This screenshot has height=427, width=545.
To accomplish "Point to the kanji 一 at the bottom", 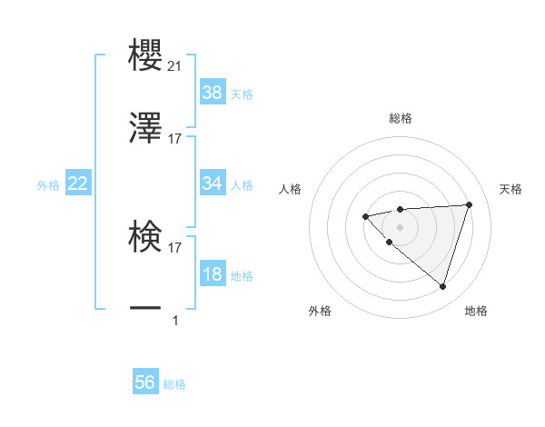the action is (x=145, y=310).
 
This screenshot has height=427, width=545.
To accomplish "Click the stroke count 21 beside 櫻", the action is (x=174, y=66).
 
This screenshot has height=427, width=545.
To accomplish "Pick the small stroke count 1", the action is (x=175, y=320).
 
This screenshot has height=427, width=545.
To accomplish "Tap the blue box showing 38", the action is (x=213, y=92).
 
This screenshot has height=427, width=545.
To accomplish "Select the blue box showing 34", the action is (x=213, y=184).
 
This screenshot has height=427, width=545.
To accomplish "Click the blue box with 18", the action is (x=213, y=274).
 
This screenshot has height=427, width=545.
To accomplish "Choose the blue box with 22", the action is (x=78, y=184).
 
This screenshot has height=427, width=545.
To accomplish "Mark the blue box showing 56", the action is (x=145, y=382).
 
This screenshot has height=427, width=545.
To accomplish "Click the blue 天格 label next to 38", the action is (x=242, y=94).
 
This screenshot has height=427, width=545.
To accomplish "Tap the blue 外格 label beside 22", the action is (x=48, y=184).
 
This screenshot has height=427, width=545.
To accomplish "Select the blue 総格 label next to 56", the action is (x=174, y=384).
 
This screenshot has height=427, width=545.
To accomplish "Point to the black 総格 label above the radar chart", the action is (x=400, y=118).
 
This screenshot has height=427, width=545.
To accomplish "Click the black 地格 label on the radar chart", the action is (x=476, y=311).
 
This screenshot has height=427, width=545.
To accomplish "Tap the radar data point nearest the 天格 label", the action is (x=469, y=204).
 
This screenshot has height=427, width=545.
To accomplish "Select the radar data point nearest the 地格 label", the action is (x=442, y=286).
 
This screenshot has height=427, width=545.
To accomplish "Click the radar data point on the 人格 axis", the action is (x=365, y=216).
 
